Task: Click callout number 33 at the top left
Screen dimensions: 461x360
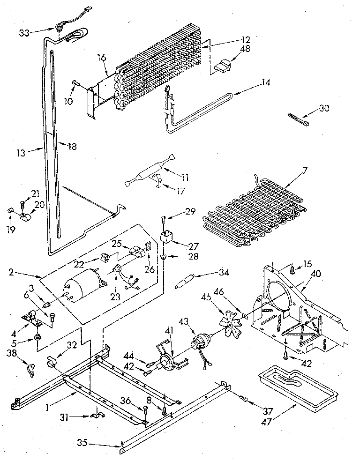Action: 24,32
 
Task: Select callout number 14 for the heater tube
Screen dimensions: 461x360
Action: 266,85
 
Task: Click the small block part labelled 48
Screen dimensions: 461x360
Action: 223,66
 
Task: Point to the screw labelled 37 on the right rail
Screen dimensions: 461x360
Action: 244,399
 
